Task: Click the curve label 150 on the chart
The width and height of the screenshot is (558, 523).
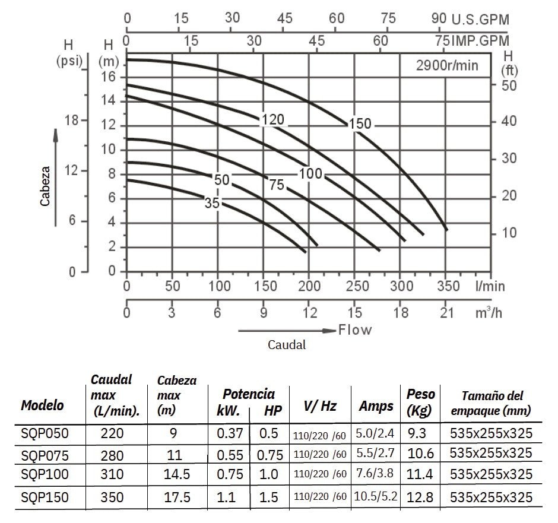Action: click(360, 124)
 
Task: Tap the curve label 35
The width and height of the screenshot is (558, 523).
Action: click(213, 204)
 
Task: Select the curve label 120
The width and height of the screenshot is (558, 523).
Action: click(273, 120)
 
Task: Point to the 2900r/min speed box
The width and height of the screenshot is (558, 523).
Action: click(446, 65)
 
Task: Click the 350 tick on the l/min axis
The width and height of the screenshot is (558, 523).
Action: click(448, 286)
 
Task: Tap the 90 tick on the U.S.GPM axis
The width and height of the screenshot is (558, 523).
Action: click(439, 18)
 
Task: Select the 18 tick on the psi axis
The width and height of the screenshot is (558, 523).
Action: click(71, 120)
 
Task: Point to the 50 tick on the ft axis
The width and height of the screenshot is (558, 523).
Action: click(509, 85)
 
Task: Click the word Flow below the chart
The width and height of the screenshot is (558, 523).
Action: click(355, 329)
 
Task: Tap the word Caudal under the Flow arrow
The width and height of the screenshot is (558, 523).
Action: click(287, 345)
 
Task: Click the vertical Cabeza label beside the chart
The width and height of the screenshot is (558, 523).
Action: click(45, 185)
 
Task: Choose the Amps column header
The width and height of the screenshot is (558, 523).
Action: click(376, 406)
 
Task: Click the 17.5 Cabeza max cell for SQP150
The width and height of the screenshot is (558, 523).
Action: click(176, 497)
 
